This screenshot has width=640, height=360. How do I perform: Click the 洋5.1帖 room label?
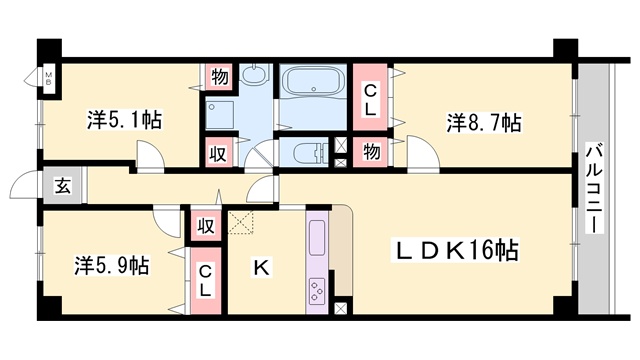click(124, 120)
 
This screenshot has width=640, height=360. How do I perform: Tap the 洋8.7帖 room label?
click(484, 122)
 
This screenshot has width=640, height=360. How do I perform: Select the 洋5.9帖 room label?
click(111, 265)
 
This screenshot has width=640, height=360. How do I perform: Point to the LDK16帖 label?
click(455, 250)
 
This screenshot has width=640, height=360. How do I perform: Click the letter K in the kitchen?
click(261, 268)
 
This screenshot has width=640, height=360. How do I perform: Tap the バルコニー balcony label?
click(594, 188)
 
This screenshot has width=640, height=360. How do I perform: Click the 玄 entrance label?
click(63, 186)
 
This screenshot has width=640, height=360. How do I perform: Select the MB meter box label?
click(49, 78)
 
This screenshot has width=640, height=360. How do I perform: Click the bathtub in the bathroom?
click(313, 81)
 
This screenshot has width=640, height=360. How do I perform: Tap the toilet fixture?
click(309, 153)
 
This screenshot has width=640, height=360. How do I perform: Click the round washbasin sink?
click(255, 75)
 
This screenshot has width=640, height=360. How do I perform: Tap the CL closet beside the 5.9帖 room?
click(205, 280)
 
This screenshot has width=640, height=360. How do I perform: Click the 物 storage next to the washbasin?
click(220, 76)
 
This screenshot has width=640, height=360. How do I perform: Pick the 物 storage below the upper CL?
click(371, 152)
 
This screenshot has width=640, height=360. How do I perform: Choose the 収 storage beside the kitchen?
click(206, 226)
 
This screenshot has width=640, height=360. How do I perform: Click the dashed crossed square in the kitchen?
click(240, 222)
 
